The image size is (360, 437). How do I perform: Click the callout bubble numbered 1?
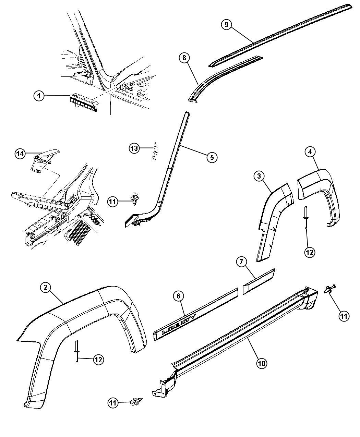click(39, 96)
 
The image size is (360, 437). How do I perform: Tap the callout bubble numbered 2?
click(46, 288)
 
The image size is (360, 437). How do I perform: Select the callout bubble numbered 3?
click(259, 176)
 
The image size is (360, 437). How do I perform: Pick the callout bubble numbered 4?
click(310, 151)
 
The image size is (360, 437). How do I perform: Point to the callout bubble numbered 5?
click(212, 157)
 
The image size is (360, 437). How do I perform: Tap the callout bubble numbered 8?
click(184, 58)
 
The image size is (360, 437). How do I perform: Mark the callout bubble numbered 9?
click(226, 24)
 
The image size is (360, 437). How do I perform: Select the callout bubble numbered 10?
click(262, 364)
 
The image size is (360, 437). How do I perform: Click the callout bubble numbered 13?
click(134, 148)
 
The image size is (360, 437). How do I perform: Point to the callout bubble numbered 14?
click(20, 154)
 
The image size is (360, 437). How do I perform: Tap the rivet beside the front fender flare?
click(76, 350)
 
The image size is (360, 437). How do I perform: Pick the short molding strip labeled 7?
click(258, 282)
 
